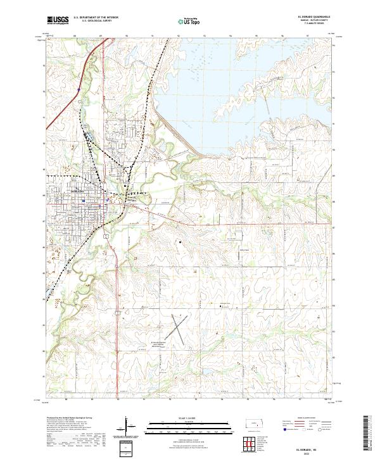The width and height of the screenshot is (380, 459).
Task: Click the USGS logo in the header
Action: [x=58, y=20]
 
